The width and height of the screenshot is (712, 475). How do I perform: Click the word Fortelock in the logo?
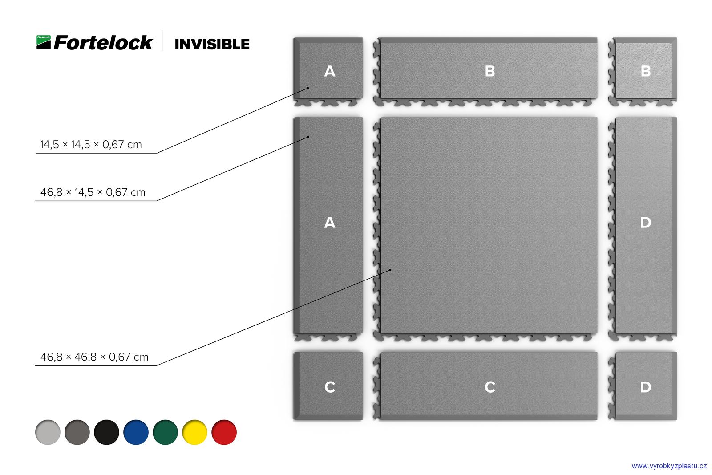click(103, 43)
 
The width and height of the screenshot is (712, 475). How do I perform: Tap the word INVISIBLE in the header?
click(212, 44)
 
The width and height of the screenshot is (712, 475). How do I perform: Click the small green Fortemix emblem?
click(44, 42)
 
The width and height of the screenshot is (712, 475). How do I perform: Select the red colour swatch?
click(224, 432)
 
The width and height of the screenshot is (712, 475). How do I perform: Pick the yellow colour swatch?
click(194, 432)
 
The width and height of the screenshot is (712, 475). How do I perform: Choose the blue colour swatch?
click(136, 432)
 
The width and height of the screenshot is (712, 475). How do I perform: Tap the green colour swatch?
click(165, 432)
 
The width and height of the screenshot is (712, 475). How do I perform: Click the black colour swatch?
click(106, 432)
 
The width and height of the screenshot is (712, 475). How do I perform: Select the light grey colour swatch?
click(48, 432)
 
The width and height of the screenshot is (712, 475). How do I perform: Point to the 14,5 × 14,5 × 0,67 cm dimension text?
click(91, 145)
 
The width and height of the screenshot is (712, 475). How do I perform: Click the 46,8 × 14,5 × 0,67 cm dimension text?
click(93, 192)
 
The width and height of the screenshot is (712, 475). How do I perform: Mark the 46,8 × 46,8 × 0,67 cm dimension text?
click(94, 357)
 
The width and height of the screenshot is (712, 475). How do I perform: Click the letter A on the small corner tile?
click(330, 71)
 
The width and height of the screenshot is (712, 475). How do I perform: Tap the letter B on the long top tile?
click(490, 71)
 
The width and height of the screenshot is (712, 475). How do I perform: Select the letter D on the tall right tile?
click(646, 223)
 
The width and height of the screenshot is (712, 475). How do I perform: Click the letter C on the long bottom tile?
click(490, 387)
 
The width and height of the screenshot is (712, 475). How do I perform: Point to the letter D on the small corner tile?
click(646, 387)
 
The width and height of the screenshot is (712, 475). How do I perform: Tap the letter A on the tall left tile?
click(330, 223)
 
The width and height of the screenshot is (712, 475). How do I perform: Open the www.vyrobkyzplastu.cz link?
click(669, 466)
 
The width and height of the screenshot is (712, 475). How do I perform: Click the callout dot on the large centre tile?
click(390, 270)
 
